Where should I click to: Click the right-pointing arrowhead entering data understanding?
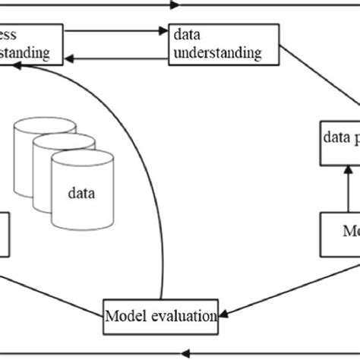(161, 33)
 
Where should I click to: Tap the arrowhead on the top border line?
(176, 5)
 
